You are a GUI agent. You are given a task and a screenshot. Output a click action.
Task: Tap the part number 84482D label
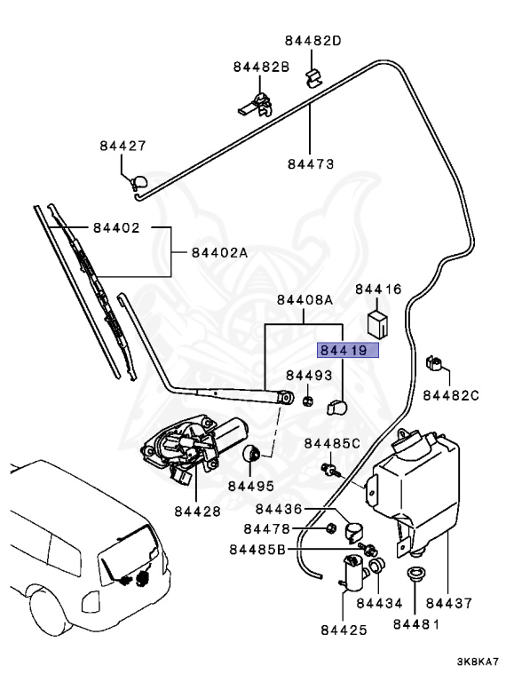pyautogui.click(x=313, y=41)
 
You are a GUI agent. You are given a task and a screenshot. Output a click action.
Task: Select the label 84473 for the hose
pyautogui.click(x=311, y=164)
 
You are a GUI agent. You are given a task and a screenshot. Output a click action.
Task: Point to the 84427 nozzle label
pyautogui.click(x=123, y=147)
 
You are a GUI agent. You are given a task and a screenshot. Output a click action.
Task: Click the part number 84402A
pyautogui.click(x=219, y=252)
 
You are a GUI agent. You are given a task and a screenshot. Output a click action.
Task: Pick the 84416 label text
pyautogui.click(x=379, y=289)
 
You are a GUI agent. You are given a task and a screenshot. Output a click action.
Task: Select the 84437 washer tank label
pyautogui.click(x=452, y=603)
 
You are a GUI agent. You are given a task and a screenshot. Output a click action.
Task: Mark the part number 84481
pyautogui.click(x=416, y=624)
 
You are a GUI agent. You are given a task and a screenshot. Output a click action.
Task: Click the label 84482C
pyautogui.click(x=450, y=394)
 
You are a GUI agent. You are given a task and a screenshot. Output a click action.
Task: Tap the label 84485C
pyautogui.click(x=332, y=443)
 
